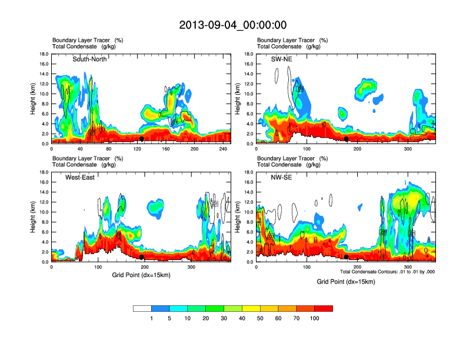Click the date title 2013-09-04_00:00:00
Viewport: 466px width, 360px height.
tap(233, 25)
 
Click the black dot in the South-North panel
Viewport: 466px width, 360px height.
tap(142, 139)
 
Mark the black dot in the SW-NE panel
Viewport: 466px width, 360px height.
tap(347, 139)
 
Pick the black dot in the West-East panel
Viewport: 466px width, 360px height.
tap(142, 257)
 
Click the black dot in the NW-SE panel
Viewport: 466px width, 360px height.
tap(347, 257)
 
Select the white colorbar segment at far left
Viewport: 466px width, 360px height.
tap(142, 308)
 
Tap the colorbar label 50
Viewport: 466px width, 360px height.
tap(260, 318)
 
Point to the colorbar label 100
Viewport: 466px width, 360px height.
tap(315, 318)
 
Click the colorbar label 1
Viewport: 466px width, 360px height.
tap(151, 318)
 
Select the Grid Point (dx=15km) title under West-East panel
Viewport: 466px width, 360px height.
tap(139, 274)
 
